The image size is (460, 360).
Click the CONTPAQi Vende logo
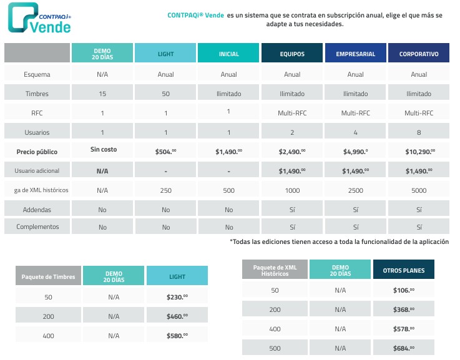point(39,19)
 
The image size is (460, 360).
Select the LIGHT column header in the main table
point(165,54)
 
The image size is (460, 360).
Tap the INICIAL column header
point(229,54)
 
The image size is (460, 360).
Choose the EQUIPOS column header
point(292,54)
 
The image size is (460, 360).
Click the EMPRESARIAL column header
point(355,54)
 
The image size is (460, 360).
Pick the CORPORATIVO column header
point(419,54)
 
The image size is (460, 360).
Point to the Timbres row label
point(37,94)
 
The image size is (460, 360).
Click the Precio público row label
point(37,152)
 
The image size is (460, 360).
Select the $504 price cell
point(165,152)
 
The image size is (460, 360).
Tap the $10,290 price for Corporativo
point(419,152)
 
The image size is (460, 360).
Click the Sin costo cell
point(102,150)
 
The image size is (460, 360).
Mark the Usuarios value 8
point(419,132)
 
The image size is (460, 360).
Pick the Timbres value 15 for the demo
point(102,94)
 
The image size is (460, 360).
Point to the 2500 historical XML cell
point(355,190)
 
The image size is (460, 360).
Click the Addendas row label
point(37,210)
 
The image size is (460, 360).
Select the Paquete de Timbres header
point(47,276)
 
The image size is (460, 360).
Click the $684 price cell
point(404,348)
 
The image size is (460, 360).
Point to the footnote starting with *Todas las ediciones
point(339,241)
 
